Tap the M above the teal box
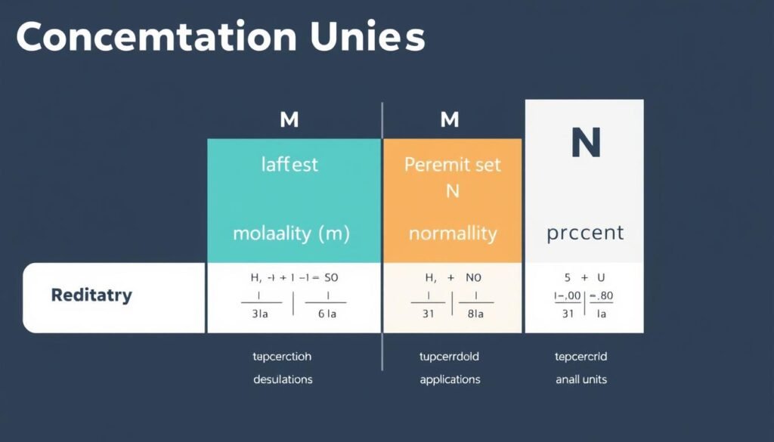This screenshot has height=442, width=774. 288,119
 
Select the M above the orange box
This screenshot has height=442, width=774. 450,119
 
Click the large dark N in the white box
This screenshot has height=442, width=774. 584,143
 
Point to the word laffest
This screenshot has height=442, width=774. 289,165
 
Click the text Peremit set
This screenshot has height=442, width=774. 452,165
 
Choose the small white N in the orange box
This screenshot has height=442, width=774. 452,191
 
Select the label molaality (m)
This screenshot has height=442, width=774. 291,233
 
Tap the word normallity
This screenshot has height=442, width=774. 452,233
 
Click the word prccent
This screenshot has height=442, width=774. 585,233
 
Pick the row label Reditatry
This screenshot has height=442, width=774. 91,295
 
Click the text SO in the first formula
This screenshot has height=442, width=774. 330,277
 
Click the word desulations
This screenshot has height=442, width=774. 283,379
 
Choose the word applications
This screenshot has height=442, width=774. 450,379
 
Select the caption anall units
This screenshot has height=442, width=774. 581,379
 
